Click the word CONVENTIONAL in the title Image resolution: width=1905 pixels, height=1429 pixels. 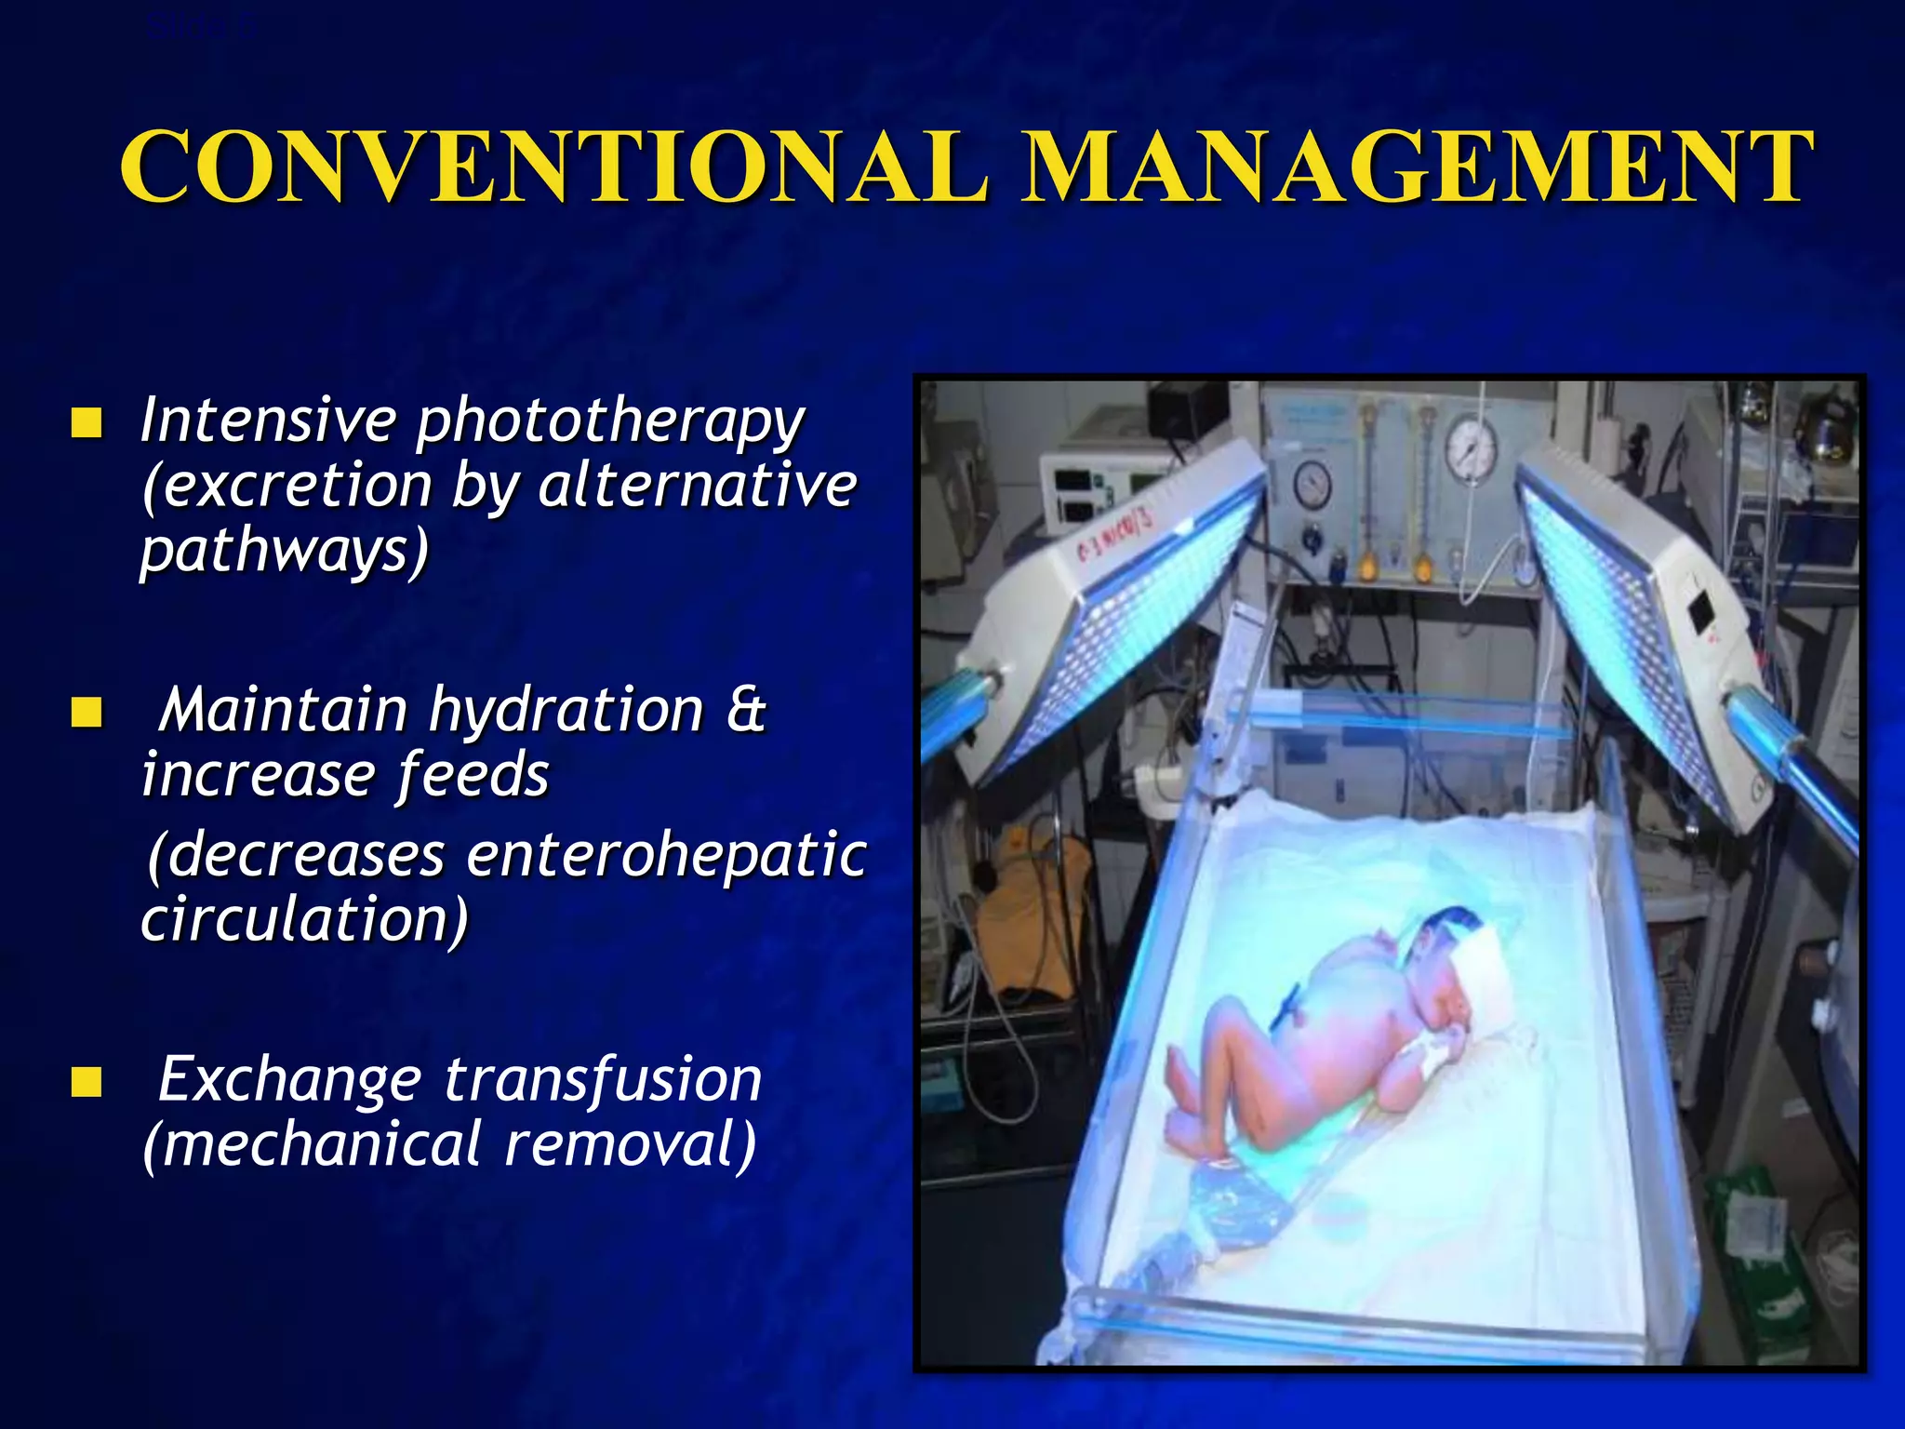[554, 167]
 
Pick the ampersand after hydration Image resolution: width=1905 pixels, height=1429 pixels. [746, 711]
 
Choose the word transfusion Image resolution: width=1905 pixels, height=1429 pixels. [603, 1081]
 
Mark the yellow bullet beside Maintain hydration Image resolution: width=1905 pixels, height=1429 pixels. [87, 714]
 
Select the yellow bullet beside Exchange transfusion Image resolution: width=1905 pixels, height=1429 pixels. [87, 1083]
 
